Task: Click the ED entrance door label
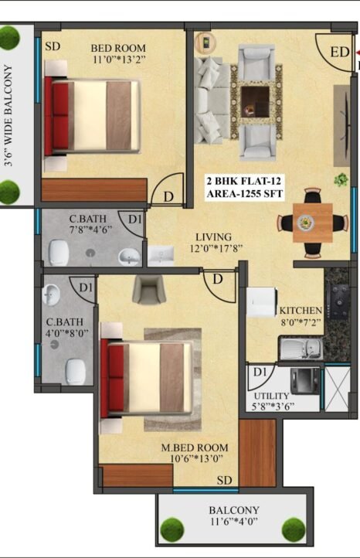point(340,52)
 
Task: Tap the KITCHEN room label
point(301,311)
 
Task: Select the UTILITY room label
point(271,396)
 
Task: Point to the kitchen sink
point(301,349)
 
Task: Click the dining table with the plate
point(313,223)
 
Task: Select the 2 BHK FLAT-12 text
point(244,181)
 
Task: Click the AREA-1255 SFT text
point(245,194)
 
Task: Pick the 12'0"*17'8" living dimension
point(216,248)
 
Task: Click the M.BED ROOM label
point(195,447)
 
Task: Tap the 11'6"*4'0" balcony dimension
point(234,522)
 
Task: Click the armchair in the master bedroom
point(149,290)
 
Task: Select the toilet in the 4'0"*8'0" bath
point(76,371)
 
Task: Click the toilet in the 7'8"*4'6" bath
point(59,252)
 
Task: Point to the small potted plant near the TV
point(341,179)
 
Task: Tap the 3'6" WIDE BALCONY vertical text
point(8,116)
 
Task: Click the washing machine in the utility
point(305,381)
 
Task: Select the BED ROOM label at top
point(118,48)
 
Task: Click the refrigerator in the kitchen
point(262,302)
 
